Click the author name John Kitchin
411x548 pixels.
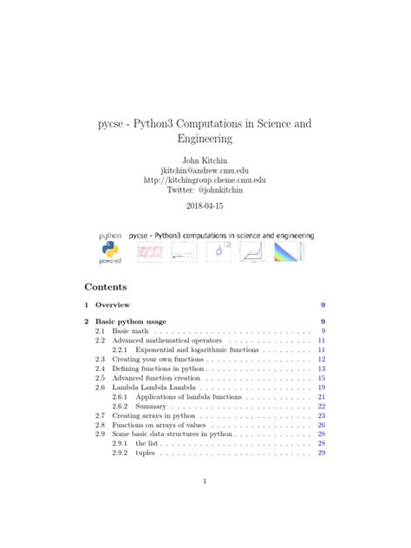[x=205, y=160]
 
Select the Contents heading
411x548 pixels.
[x=106, y=286]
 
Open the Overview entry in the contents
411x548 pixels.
[x=113, y=305]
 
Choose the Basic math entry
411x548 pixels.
[x=133, y=331]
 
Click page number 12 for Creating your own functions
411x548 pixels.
[x=321, y=359]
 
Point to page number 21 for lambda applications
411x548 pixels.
[x=321, y=396]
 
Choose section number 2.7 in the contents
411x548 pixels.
[x=100, y=415]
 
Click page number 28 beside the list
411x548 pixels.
[x=321, y=443]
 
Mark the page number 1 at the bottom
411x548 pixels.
[x=205, y=482]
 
